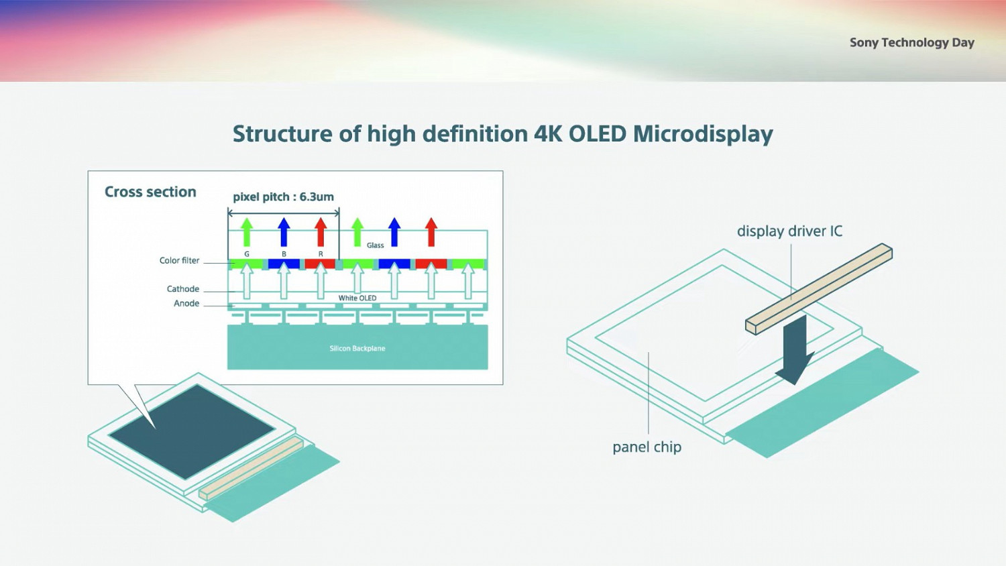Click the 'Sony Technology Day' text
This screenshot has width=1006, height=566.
[911, 42]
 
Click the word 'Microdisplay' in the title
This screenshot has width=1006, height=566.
[702, 133]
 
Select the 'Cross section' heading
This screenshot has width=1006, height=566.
[150, 192]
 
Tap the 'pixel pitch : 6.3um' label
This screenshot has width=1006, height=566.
[283, 196]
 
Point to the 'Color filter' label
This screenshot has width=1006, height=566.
[179, 260]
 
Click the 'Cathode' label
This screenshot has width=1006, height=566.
[183, 289]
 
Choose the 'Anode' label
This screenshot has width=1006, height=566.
[186, 303]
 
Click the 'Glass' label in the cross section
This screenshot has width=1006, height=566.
[376, 245]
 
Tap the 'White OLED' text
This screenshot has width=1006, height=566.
[357, 298]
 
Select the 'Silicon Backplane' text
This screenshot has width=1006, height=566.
[357, 348]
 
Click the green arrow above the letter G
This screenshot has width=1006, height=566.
[247, 231]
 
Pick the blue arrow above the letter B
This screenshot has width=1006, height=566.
[284, 231]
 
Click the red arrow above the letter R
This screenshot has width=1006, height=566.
[321, 231]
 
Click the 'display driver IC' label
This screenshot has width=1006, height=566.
[789, 231]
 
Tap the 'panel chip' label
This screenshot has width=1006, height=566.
[647, 447]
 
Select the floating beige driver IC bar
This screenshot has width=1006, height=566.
[819, 288]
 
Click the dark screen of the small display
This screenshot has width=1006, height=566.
[192, 430]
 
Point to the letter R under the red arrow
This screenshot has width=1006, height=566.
[321, 254]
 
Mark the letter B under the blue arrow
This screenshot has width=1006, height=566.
[284, 254]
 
